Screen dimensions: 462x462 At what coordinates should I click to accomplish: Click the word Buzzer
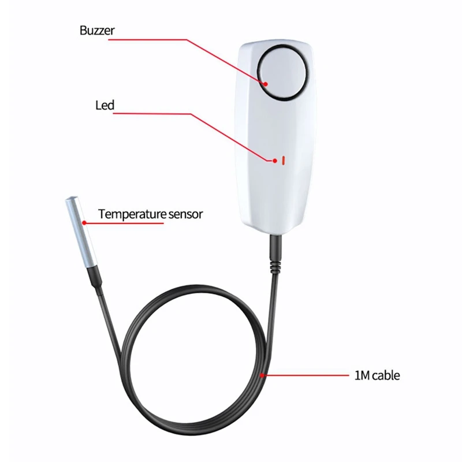[97, 31]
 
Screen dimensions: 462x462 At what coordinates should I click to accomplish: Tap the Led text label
[105, 105]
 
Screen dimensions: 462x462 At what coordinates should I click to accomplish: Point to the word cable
[386, 376]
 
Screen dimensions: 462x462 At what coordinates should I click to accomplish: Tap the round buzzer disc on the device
[282, 73]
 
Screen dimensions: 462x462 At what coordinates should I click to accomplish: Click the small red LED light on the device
[283, 161]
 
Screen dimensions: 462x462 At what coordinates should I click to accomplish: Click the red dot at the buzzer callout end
[266, 84]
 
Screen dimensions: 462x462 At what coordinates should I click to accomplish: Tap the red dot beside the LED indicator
[275, 161]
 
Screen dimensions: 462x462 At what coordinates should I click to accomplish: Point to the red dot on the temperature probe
[84, 223]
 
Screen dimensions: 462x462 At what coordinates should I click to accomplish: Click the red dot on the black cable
[262, 375]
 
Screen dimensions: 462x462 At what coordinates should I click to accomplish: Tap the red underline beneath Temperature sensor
[124, 223]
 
